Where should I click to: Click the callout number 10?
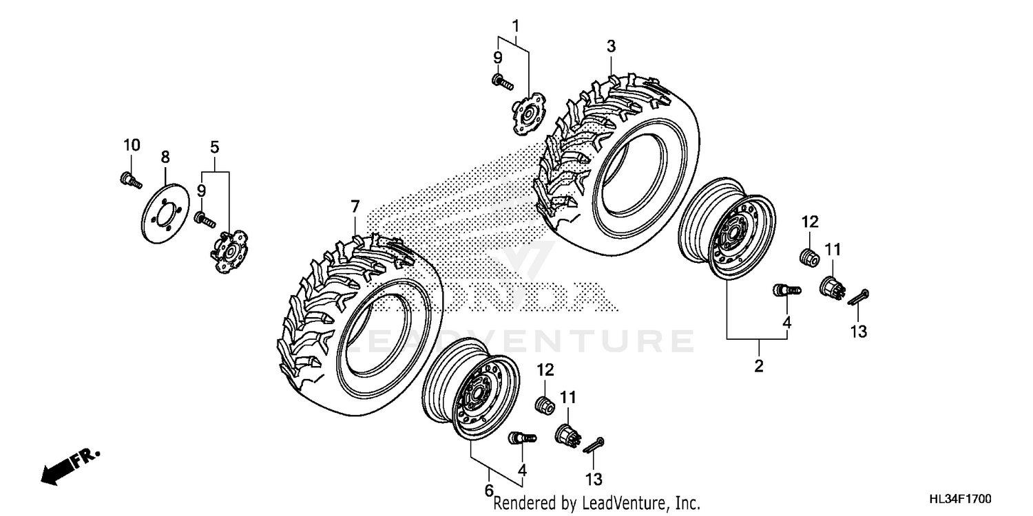pyautogui.click(x=132, y=145)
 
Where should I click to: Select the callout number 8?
pyautogui.click(x=165, y=157)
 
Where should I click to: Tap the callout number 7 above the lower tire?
pyautogui.click(x=355, y=206)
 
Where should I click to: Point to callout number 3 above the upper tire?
pyautogui.click(x=610, y=46)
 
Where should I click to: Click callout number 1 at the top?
pyautogui.click(x=515, y=26)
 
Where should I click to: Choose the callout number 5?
pyautogui.click(x=215, y=147)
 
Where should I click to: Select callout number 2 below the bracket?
pyautogui.click(x=758, y=366)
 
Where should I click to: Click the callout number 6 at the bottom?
pyautogui.click(x=489, y=491)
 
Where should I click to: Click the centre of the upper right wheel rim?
pyautogui.click(x=732, y=231)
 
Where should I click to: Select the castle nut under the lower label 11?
pyautogui.click(x=567, y=433)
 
